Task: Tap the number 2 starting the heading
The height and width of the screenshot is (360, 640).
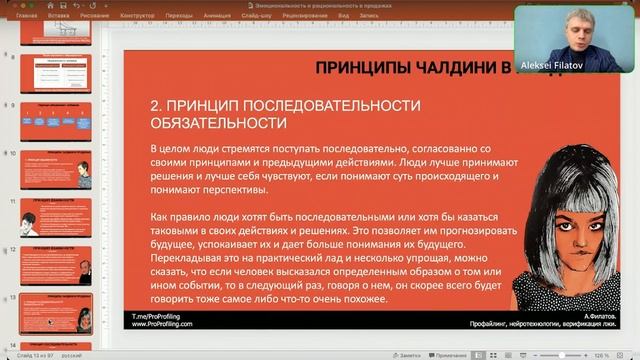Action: pyautogui.click(x=154, y=105)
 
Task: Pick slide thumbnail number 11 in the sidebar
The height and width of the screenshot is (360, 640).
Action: pyautogui.click(x=56, y=216)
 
